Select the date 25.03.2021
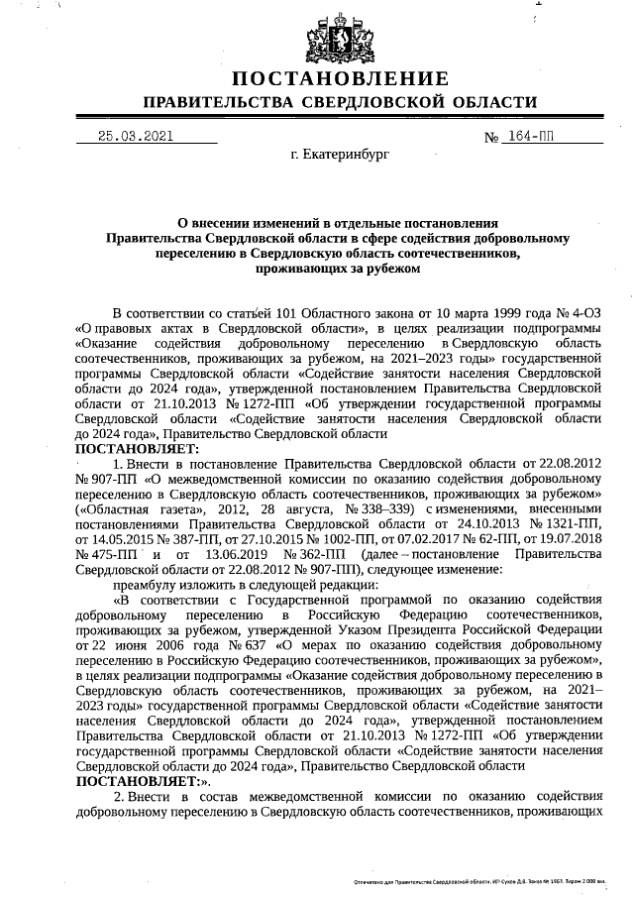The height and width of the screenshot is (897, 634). tap(135, 139)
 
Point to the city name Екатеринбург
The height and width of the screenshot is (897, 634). tap(340, 156)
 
